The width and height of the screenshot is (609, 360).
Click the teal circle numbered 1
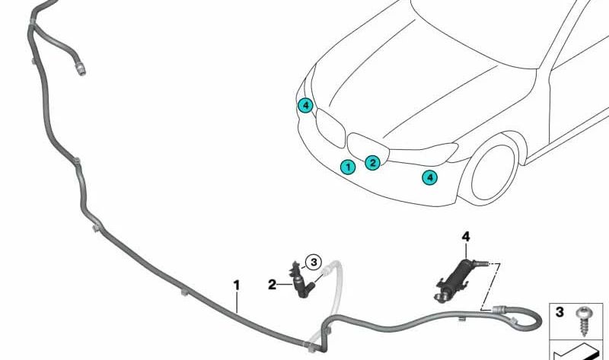[x=348, y=167]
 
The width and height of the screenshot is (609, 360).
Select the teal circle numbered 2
[x=372, y=162]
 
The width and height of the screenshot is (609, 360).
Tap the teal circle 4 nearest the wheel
[x=429, y=177]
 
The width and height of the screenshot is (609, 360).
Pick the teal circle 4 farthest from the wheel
[x=305, y=105]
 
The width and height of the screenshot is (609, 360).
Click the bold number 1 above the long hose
[x=236, y=285]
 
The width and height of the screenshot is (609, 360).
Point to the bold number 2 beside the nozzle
[x=272, y=285]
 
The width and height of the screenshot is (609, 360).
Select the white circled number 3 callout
[x=314, y=262]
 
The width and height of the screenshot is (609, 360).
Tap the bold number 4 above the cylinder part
[x=466, y=236]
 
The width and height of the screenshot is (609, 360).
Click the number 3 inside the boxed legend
[x=560, y=312]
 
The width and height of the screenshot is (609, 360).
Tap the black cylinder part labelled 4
[x=458, y=279]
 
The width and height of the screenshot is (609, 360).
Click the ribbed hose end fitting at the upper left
[x=81, y=70]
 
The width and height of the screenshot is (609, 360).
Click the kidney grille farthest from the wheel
[x=330, y=127]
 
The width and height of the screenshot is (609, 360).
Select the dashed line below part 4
[x=490, y=287]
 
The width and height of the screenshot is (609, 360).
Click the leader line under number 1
[x=237, y=302]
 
